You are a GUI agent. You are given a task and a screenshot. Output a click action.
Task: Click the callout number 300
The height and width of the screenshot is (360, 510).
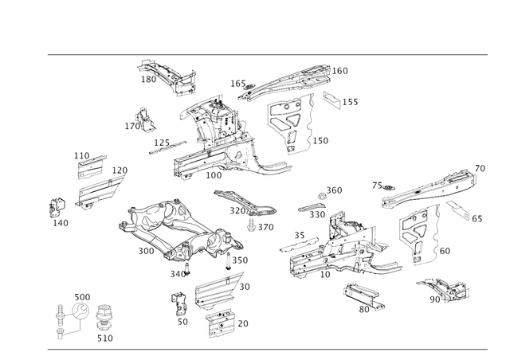146,251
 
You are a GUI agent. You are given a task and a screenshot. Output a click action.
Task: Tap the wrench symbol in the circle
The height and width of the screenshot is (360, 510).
80,311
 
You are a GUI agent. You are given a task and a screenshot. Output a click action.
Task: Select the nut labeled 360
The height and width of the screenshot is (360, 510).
322,197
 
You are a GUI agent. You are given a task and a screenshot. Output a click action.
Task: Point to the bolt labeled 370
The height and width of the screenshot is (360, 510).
251,225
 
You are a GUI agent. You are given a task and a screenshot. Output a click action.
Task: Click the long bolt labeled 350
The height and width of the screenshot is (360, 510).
228,260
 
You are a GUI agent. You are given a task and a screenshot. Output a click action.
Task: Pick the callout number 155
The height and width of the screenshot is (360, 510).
351,102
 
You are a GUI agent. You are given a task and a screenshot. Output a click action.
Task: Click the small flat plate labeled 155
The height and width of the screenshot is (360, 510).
331,100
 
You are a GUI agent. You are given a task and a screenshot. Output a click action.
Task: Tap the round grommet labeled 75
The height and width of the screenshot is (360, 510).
388,188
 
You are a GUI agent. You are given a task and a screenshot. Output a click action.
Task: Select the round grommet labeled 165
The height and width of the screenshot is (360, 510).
249,87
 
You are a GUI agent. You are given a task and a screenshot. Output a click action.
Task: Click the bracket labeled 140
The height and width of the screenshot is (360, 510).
57,207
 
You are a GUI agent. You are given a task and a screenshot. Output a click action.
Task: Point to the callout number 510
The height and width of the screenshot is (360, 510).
105,338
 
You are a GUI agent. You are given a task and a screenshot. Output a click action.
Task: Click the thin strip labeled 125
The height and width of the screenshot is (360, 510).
167,147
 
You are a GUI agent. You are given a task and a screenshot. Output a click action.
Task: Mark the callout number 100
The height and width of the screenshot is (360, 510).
214,175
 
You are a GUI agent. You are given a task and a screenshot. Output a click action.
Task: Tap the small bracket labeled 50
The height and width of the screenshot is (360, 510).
178,303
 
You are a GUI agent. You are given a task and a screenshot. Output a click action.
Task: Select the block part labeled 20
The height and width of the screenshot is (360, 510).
220,323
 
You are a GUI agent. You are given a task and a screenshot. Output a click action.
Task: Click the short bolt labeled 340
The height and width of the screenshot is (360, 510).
187,270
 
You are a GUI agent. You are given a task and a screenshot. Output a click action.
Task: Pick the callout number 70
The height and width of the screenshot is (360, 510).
480,169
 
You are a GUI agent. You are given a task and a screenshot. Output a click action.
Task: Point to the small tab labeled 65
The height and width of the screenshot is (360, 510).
457,210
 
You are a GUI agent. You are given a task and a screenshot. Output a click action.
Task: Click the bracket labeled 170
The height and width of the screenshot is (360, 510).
144,120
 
